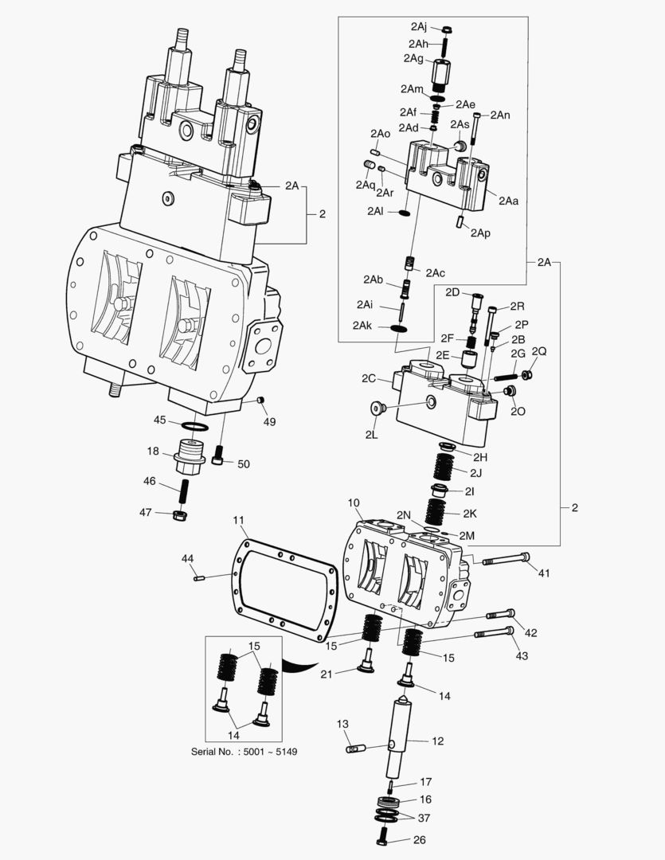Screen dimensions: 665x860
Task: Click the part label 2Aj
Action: click(419, 26)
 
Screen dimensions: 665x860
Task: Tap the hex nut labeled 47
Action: click(179, 515)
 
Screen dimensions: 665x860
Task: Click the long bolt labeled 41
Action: click(506, 560)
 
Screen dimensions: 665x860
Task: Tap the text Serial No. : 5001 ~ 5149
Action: click(244, 752)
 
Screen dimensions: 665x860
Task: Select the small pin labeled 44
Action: click(200, 577)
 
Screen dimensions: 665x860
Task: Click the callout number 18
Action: click(153, 451)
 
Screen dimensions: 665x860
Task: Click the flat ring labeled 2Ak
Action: click(399, 328)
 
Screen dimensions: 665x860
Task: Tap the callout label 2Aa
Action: click(508, 201)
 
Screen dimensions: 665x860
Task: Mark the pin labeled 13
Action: click(357, 749)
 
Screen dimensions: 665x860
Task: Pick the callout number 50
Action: click(244, 464)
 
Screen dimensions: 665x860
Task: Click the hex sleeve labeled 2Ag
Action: click(442, 76)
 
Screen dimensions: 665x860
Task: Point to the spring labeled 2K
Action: click(436, 511)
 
